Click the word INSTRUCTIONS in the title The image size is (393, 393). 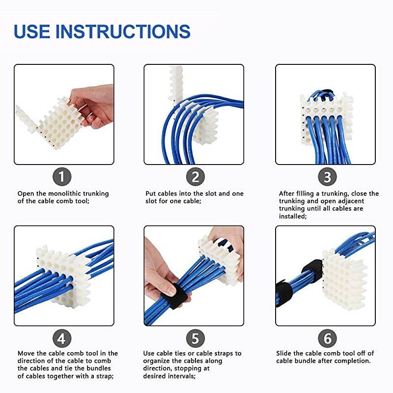(x=123, y=31)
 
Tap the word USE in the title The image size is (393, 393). (x=32, y=31)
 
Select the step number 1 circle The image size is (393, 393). (x=62, y=177)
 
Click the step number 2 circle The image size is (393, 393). (x=195, y=177)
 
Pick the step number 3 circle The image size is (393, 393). (x=327, y=177)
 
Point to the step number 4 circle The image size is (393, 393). (x=62, y=338)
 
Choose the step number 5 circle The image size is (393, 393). (x=195, y=338)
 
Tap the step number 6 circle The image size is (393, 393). (x=327, y=338)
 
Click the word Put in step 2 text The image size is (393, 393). (x=151, y=194)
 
